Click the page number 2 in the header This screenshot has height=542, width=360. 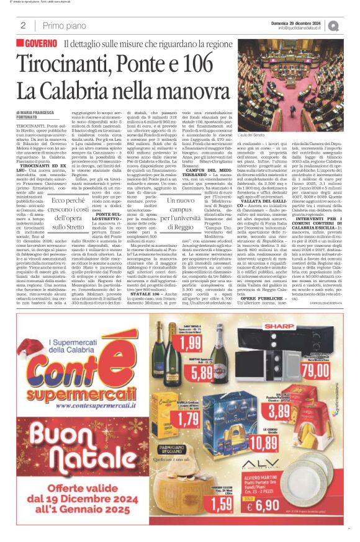(23, 25)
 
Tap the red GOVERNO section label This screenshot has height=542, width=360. (39, 45)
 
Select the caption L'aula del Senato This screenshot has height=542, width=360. (251, 136)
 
